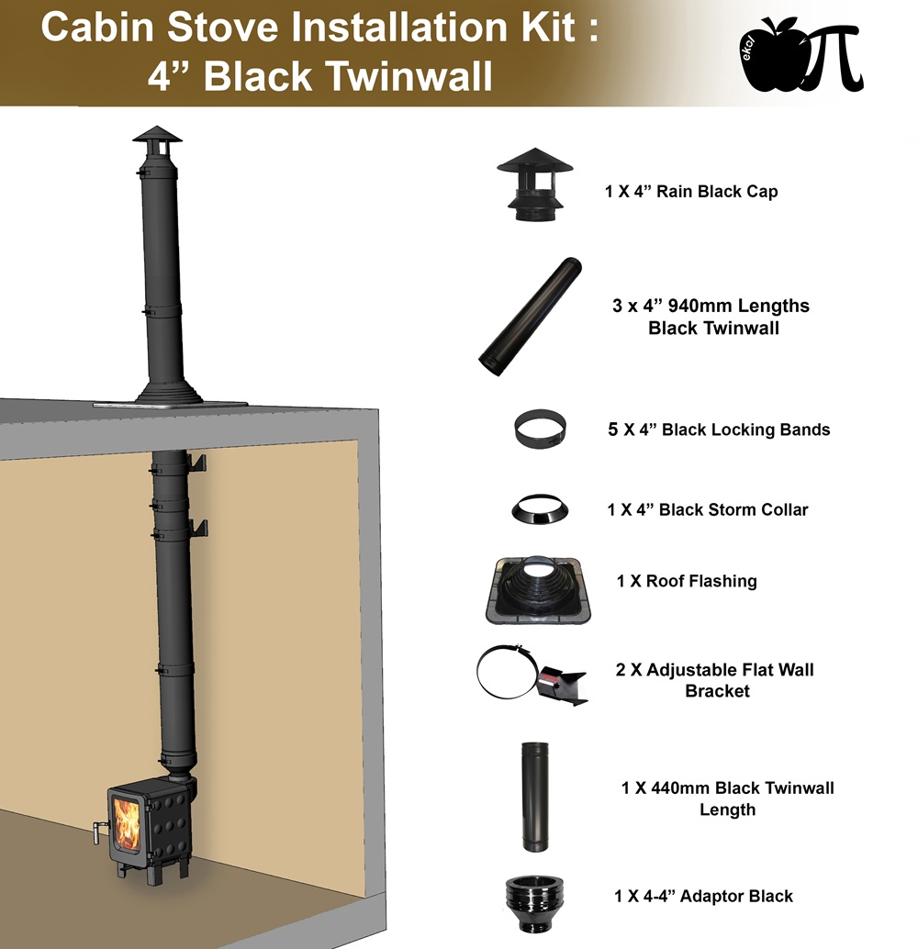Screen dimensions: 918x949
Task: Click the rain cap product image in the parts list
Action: (534, 184)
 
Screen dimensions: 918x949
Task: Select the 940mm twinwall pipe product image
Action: (530, 317)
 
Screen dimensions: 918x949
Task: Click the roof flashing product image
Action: (538, 590)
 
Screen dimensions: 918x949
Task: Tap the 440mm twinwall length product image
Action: (534, 797)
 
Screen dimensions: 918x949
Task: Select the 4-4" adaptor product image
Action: (533, 904)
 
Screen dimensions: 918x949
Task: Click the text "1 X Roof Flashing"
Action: (687, 581)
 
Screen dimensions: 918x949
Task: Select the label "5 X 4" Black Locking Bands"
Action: (719, 430)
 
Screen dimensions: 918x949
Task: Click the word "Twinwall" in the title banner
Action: (409, 76)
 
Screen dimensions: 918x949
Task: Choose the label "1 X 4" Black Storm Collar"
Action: (708, 509)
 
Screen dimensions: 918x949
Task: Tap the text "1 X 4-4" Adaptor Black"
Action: (703, 896)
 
